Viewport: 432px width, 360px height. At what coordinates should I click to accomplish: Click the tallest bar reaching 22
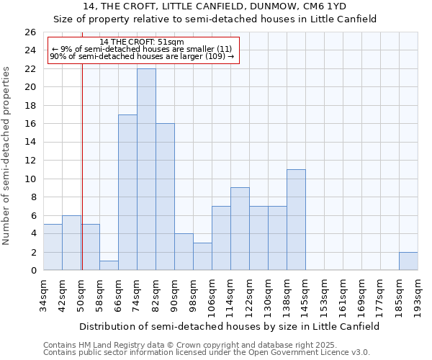pos(146,169)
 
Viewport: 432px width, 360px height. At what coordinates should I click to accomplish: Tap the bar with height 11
pos(296,220)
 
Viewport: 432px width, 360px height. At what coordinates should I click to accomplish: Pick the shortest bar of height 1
pos(109,266)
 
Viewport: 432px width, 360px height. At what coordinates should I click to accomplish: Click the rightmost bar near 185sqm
pos(408,261)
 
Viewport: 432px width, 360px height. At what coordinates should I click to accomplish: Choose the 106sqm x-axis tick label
pos(212,296)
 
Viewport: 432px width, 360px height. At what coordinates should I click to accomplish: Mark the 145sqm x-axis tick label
pos(305,296)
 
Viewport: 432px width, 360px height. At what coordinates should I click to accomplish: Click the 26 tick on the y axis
pos(30,32)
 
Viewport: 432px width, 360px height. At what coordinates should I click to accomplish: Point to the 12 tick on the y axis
pos(30,161)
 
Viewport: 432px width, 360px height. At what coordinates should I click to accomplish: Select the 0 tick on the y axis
pos(32,271)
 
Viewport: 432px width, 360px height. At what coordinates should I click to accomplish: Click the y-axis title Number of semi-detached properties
pos(7,156)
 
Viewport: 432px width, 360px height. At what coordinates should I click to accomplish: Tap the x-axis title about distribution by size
pos(229,326)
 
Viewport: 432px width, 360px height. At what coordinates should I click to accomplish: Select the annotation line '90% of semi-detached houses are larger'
pos(142,56)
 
